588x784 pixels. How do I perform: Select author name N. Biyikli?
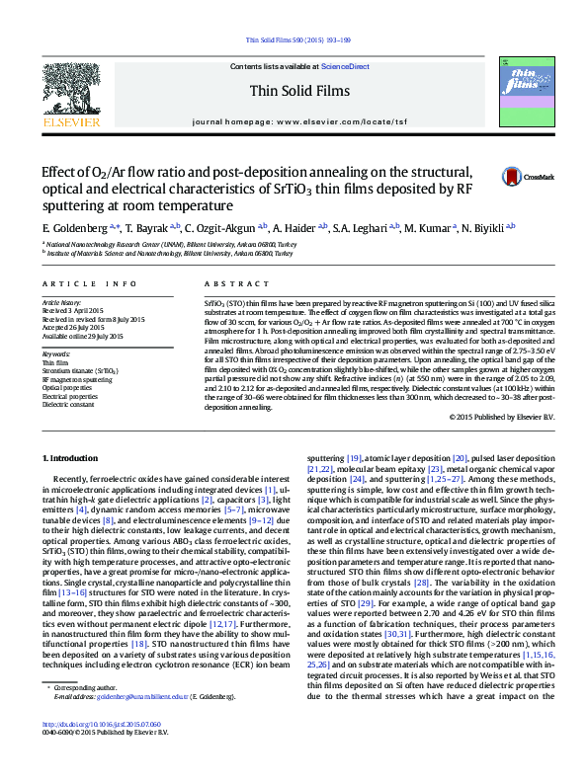pyautogui.click(x=485, y=228)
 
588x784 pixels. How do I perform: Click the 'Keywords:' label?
pyautogui.click(x=56, y=353)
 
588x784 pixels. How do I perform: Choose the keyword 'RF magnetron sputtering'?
pyautogui.click(x=77, y=379)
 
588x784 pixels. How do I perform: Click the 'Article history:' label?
pyautogui.click(x=62, y=301)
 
